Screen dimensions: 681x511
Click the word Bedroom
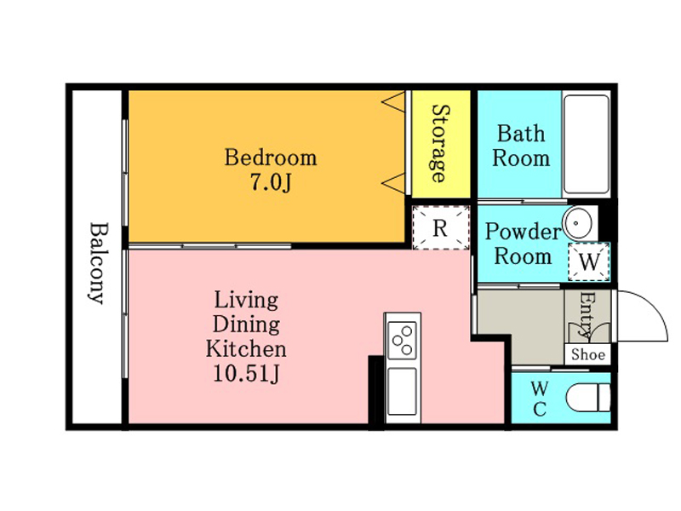click(x=271, y=158)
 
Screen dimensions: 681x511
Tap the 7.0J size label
click(x=270, y=182)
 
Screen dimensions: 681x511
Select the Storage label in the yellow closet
click(x=441, y=143)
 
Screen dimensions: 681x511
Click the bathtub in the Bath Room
click(x=586, y=144)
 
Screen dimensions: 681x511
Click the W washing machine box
click(x=589, y=261)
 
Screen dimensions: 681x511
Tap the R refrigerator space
click(x=440, y=227)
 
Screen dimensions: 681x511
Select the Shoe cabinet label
click(x=588, y=354)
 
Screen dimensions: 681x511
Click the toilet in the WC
click(x=588, y=397)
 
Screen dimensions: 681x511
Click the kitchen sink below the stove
click(x=402, y=391)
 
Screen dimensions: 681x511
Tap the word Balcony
click(x=98, y=263)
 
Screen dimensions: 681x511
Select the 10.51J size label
click(x=246, y=373)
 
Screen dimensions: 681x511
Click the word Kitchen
click(x=246, y=348)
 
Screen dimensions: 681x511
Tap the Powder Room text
click(x=523, y=244)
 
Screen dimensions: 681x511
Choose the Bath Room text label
click(x=521, y=146)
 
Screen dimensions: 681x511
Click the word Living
click(x=246, y=301)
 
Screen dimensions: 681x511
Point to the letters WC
click(x=540, y=399)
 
